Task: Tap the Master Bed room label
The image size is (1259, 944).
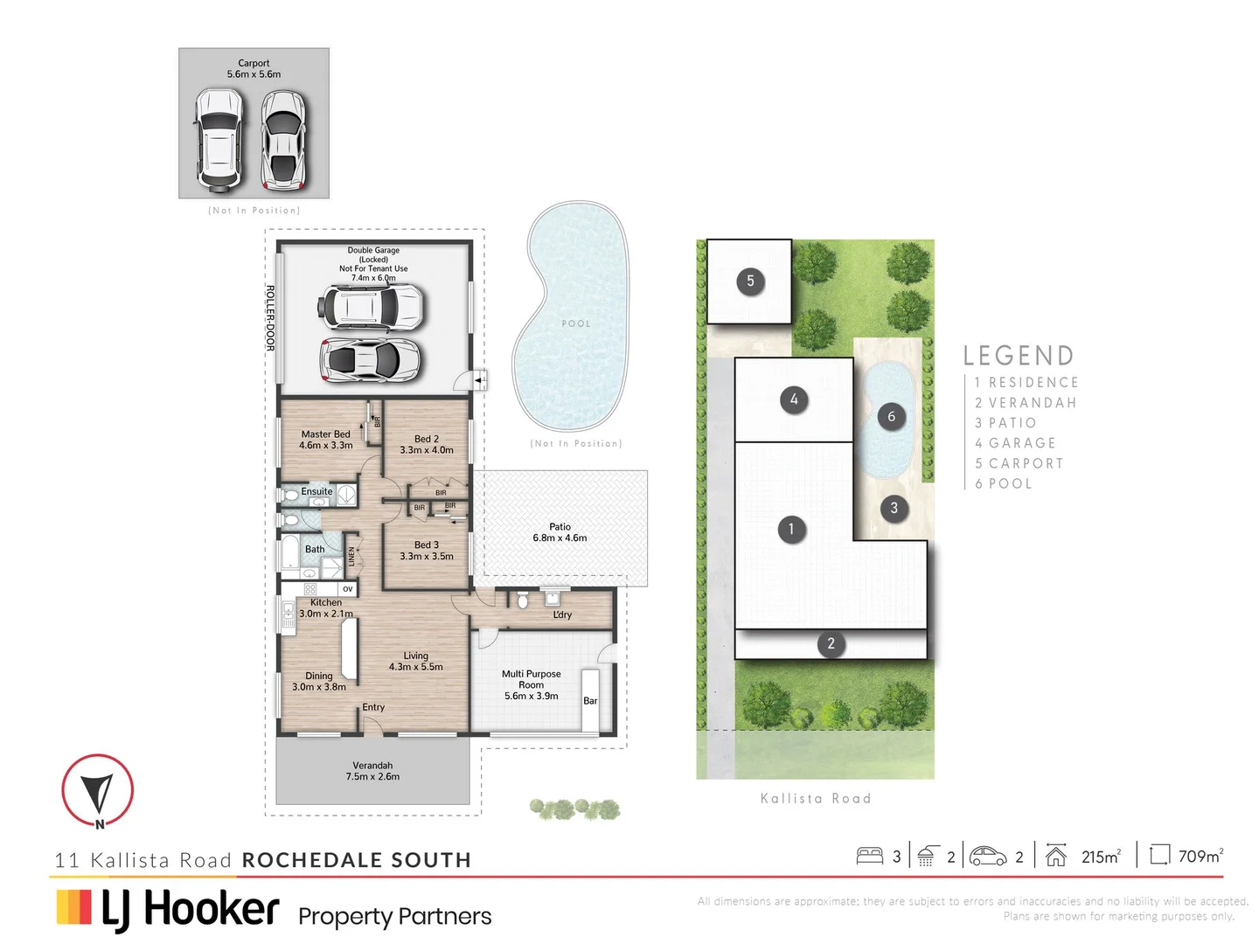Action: click(326, 440)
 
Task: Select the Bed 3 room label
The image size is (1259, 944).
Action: click(427, 550)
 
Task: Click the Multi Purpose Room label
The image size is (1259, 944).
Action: click(531, 684)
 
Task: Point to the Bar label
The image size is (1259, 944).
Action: click(590, 701)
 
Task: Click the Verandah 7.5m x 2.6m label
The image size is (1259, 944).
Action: click(372, 771)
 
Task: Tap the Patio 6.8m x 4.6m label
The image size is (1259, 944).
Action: click(560, 532)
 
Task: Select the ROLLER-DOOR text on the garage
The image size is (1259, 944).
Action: click(270, 318)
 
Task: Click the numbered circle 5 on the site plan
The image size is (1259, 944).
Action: click(750, 281)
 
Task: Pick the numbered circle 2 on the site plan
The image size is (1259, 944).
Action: click(831, 644)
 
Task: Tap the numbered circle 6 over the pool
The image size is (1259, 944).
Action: click(891, 417)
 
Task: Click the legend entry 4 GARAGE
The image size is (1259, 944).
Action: click(1015, 443)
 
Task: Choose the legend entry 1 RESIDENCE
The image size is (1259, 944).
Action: click(1026, 383)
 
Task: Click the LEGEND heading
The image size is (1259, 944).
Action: click(1019, 356)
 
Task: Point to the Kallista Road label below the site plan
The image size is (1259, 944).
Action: click(816, 799)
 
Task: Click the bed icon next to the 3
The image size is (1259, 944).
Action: click(870, 856)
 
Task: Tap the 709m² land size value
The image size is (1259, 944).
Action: click(1200, 857)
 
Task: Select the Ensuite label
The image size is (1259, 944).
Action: click(316, 491)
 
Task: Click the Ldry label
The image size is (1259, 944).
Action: click(562, 614)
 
